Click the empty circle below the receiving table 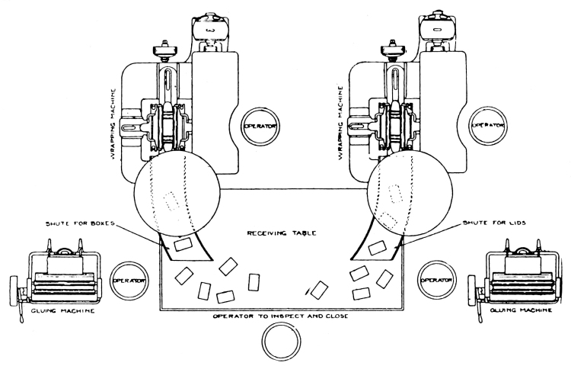click(x=281, y=340)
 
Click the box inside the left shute click(x=182, y=246)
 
